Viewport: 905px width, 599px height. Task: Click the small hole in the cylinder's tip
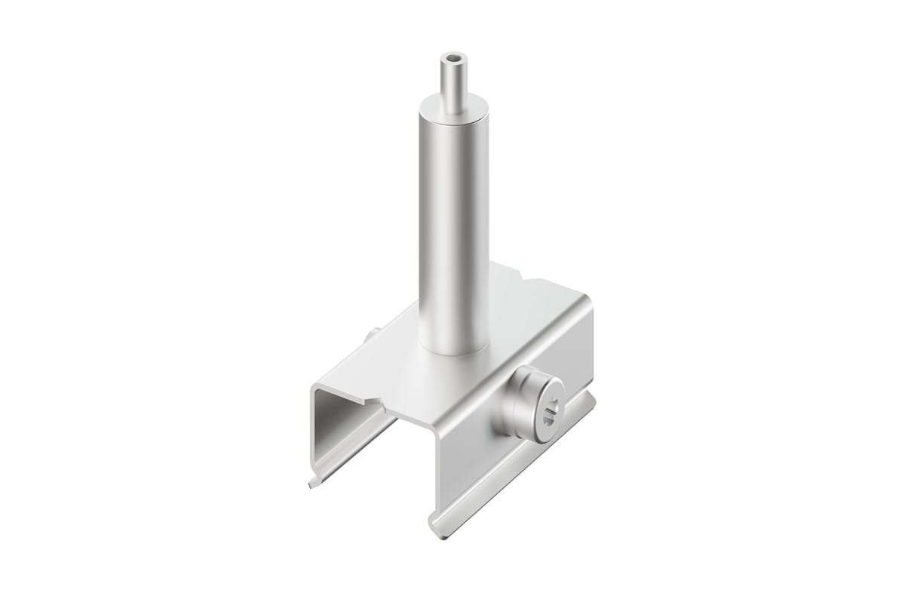452,57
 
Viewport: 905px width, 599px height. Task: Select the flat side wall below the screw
513,468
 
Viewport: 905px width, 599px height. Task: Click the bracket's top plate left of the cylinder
392,355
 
